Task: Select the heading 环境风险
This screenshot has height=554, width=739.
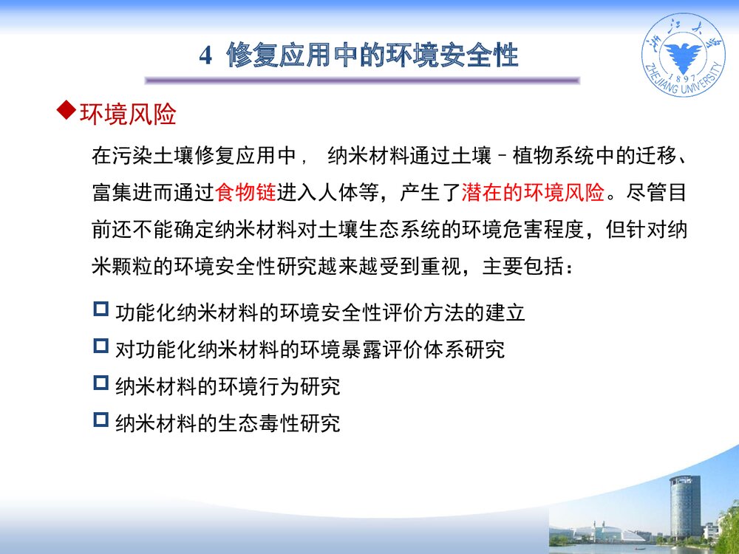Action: pyautogui.click(x=128, y=115)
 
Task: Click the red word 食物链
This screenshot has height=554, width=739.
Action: pyautogui.click(x=245, y=194)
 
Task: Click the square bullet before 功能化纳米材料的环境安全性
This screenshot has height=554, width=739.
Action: pyautogui.click(x=101, y=309)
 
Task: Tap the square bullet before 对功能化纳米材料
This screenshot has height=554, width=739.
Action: pyautogui.click(x=101, y=346)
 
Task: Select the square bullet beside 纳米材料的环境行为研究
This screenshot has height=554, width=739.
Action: pyautogui.click(x=101, y=383)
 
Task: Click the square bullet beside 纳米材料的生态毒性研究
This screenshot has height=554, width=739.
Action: pyautogui.click(x=101, y=420)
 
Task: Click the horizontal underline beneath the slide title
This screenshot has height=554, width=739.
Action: pyautogui.click(x=362, y=81)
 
